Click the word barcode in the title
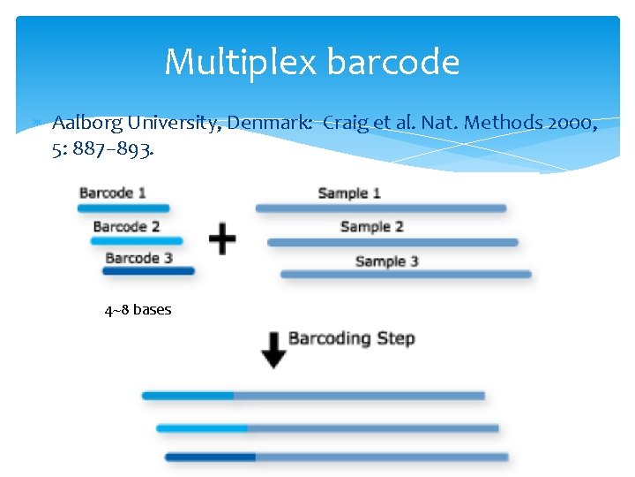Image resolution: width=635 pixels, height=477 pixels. click(392, 62)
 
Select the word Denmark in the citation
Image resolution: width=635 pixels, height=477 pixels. click(270, 123)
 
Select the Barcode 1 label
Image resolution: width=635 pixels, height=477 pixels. click(113, 193)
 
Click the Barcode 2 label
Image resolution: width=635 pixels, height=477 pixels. click(126, 226)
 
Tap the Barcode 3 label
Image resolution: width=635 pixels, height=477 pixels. click(138, 258)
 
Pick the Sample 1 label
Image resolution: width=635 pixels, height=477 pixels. click(349, 193)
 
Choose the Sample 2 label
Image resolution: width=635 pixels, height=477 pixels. click(371, 226)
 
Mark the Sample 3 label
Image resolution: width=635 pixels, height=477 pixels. click(386, 261)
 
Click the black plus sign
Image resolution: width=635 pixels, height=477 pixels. click(222, 238)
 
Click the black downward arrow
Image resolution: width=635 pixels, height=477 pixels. click(273, 350)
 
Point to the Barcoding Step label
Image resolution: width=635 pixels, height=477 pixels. click(351, 338)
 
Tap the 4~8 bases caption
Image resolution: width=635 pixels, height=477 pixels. click(138, 310)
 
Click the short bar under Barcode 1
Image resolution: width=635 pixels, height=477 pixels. click(123, 208)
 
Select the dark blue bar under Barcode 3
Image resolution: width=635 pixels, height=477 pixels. click(149, 271)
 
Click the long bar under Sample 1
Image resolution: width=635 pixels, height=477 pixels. click(381, 208)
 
